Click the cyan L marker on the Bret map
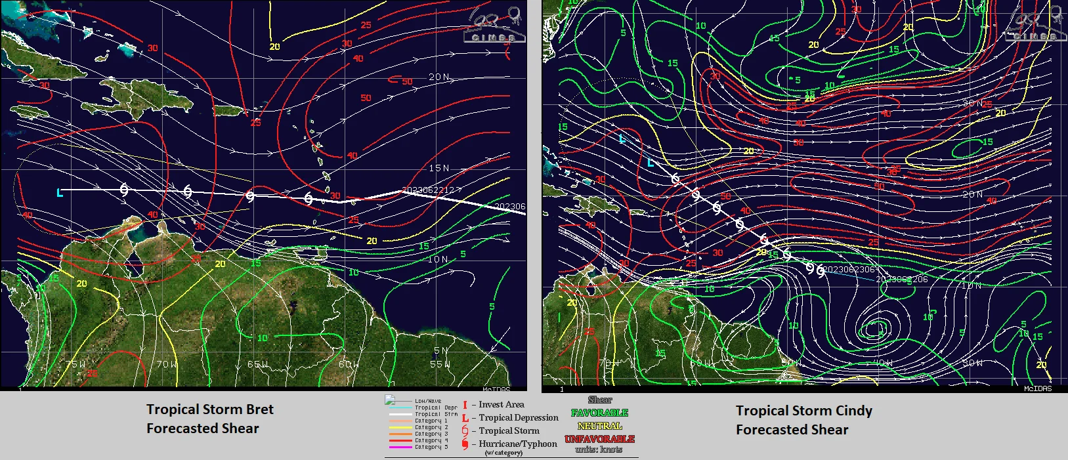tap(60, 192)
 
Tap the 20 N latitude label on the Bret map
tap(439, 77)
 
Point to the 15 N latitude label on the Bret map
tap(439, 168)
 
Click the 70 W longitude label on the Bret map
tap(166, 364)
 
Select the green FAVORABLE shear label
tap(599, 413)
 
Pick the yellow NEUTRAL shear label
tap(599, 426)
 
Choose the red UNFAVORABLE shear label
tap(599, 438)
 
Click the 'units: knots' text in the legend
tap(599, 450)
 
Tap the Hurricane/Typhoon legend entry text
tap(517, 444)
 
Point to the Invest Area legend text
tap(501, 405)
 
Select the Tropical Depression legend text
tap(519, 417)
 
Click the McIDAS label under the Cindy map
tap(1037, 388)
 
